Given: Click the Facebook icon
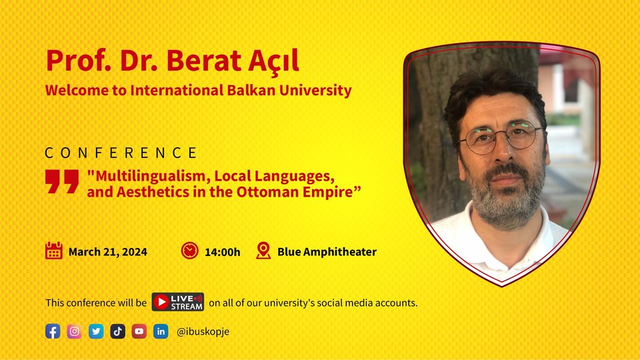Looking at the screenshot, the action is tap(53, 331).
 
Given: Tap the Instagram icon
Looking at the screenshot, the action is tap(74, 331).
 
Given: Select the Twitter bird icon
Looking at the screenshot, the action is tap(96, 331).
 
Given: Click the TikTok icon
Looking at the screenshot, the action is tap(117, 331).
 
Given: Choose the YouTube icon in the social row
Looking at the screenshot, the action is tap(139, 331).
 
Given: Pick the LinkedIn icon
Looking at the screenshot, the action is tap(161, 331).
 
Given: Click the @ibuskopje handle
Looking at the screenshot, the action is tap(203, 331).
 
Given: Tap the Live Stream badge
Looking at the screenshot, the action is tap(178, 302).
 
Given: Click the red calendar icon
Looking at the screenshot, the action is tap(53, 251).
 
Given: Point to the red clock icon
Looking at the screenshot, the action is tap(190, 251).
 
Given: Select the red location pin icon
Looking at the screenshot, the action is tap(263, 251).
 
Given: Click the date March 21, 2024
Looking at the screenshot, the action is tap(108, 252).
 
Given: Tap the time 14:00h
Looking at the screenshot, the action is tap(223, 252).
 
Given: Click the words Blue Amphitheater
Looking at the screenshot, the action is tap(327, 252).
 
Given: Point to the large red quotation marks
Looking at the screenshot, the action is tap(62, 181).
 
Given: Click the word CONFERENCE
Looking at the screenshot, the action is tap(121, 153).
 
